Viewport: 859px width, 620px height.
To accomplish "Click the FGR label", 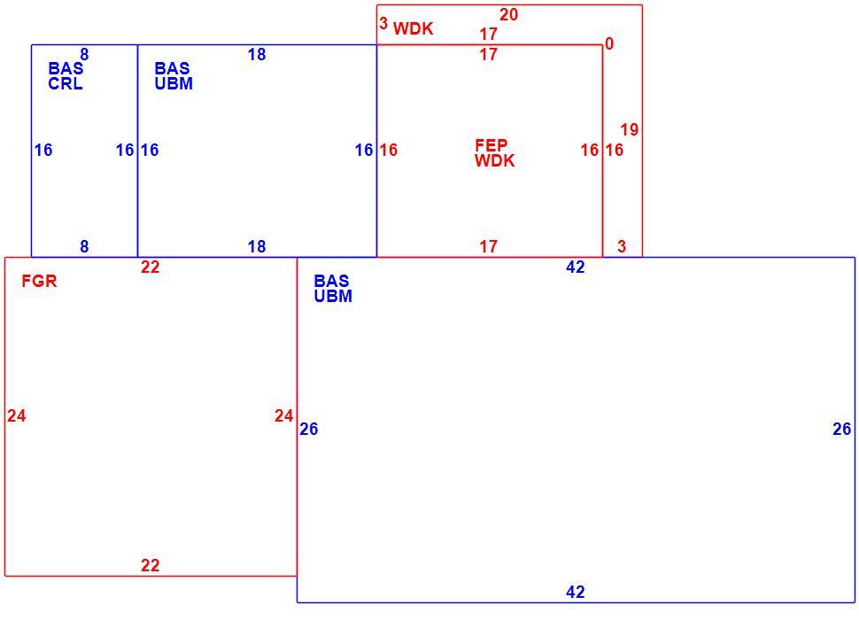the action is tap(39, 281).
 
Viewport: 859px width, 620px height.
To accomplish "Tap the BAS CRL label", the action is tap(66, 76).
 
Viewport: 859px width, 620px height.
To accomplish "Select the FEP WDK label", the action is tap(495, 153).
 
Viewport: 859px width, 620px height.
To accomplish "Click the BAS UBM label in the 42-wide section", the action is tap(333, 289).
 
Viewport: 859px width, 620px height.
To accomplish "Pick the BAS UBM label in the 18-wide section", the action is tap(174, 76).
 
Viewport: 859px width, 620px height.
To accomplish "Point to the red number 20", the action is tap(508, 15).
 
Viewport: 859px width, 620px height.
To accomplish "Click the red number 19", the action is tap(630, 130).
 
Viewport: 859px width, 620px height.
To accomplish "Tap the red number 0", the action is tap(609, 43).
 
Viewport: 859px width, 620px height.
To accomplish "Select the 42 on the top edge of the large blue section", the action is tap(576, 267).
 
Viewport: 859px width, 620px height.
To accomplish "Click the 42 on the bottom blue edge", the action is tap(576, 592).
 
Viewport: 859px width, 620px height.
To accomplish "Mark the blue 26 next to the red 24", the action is tap(308, 429).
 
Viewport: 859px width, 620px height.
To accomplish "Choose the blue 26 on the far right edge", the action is tap(842, 429).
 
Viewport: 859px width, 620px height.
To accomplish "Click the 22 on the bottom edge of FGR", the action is tap(151, 565).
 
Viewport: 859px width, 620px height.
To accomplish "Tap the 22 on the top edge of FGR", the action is tap(151, 267).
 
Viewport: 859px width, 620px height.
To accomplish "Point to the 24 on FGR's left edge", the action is tap(17, 415).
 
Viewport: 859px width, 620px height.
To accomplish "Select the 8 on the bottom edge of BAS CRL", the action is tap(84, 246).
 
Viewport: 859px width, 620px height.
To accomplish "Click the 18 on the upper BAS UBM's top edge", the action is tap(257, 54).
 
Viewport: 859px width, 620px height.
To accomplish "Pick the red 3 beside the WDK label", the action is tap(383, 24).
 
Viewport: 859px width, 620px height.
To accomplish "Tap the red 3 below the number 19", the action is tap(622, 246).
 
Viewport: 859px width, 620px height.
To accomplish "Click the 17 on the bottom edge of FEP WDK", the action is tap(489, 246).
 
